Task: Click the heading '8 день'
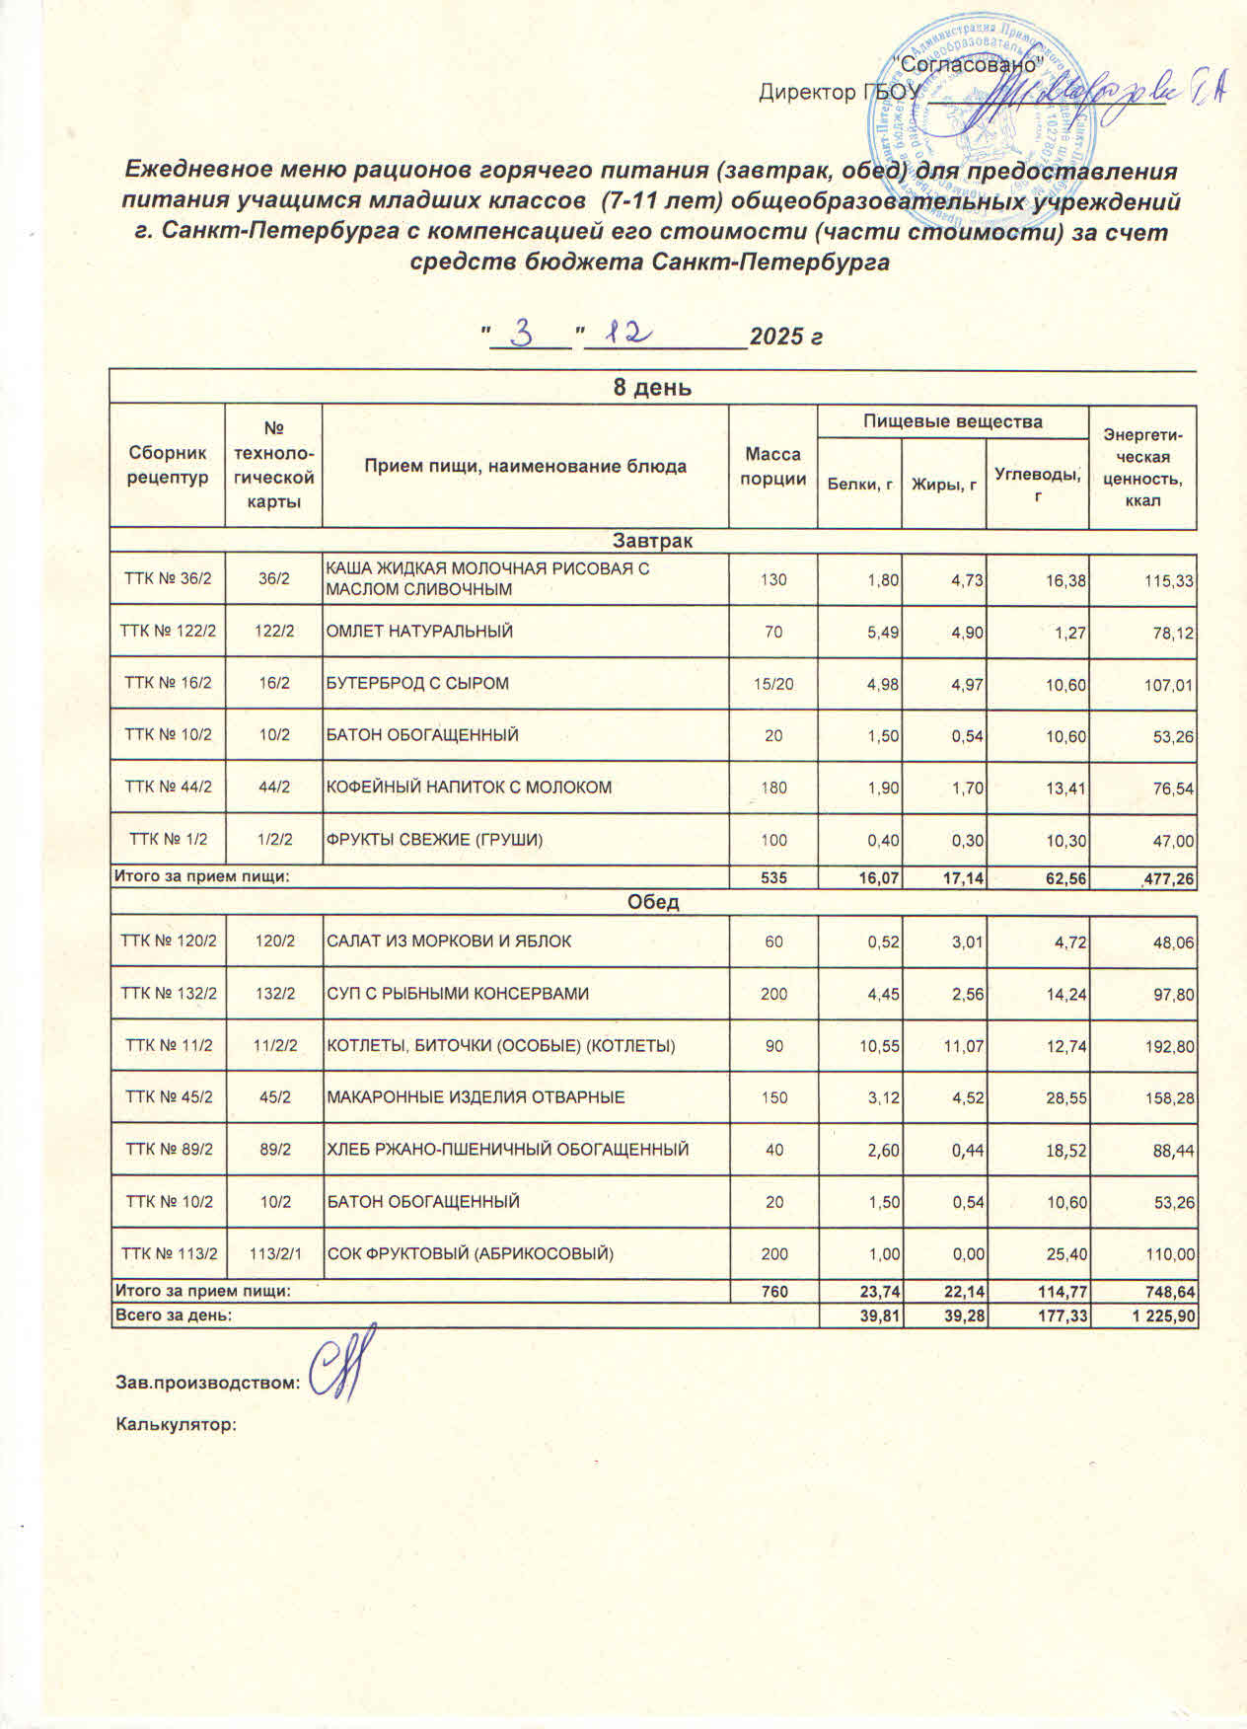[x=652, y=387]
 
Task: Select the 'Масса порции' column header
[x=772, y=466]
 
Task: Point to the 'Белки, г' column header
[x=859, y=484]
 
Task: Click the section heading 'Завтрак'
[x=652, y=541]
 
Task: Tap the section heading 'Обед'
[x=652, y=902]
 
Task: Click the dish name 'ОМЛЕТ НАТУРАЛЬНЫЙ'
[x=419, y=631]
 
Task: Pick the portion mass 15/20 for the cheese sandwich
[x=773, y=683]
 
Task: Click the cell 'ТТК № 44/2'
[x=167, y=788]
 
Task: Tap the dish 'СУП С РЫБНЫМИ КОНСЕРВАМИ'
[x=457, y=994]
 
